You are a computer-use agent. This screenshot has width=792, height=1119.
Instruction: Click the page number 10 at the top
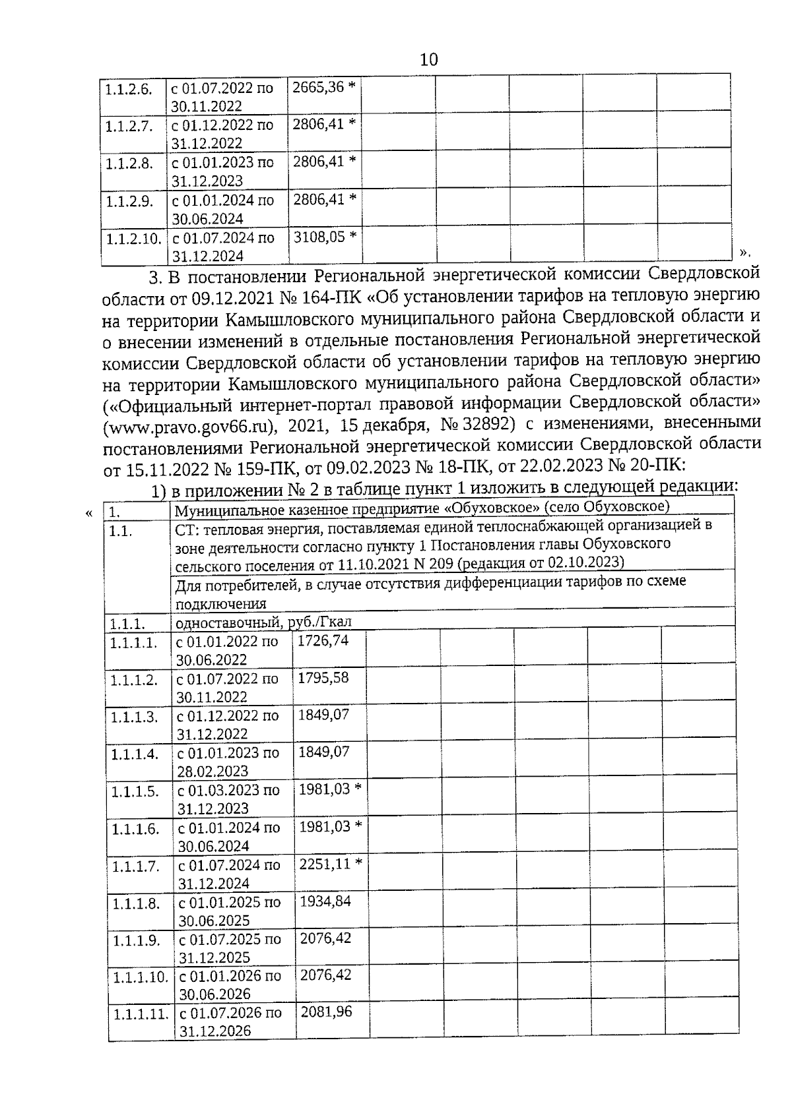428,60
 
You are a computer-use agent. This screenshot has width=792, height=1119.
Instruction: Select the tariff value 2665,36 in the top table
319,87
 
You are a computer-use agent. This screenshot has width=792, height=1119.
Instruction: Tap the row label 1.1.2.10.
134,239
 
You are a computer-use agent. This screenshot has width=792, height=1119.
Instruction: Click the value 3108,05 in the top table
319,236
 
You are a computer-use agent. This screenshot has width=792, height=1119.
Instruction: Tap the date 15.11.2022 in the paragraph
158,468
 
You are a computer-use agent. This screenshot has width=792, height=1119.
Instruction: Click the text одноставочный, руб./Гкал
263,622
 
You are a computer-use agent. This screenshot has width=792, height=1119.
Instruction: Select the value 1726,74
323,640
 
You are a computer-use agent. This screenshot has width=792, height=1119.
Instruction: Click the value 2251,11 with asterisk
324,864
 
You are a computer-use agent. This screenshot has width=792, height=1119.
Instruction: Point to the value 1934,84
325,901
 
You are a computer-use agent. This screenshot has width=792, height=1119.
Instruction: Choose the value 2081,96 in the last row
326,1012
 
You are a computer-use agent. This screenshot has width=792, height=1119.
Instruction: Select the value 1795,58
323,678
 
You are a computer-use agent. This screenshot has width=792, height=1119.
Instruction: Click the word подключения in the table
220,603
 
